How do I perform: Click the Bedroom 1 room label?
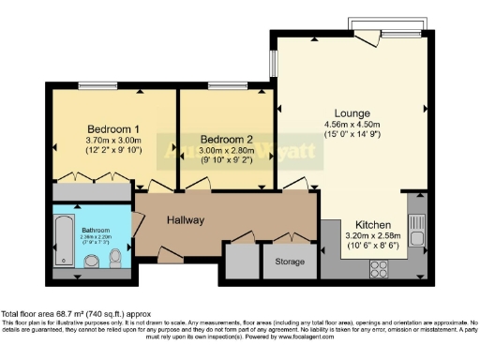[113, 128]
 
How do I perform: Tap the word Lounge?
[355, 112]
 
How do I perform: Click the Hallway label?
[186, 219]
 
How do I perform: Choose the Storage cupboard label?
[290, 262]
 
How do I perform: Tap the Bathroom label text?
[95, 230]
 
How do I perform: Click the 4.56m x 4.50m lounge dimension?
[355, 125]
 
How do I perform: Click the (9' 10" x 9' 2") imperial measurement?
[227, 158]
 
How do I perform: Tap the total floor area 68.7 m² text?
[75, 313]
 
